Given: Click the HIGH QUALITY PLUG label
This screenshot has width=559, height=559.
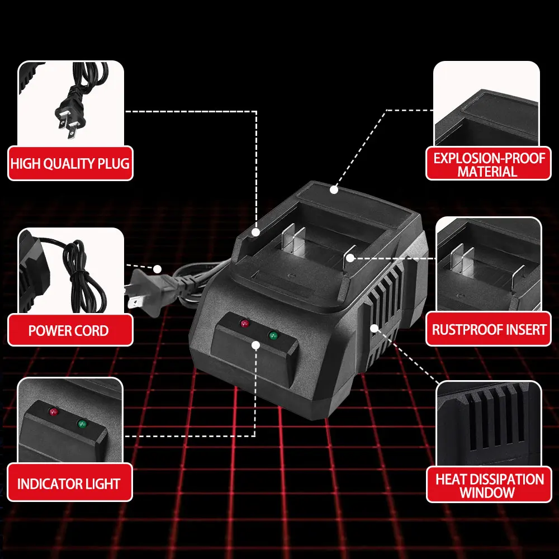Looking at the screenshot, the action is (70, 163).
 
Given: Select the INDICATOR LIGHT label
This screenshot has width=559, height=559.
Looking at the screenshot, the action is (69, 483).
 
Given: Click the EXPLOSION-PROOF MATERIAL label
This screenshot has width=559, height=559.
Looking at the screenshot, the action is (489, 164).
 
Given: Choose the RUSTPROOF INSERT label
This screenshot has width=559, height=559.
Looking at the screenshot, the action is (489, 329).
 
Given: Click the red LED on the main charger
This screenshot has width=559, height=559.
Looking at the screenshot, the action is (245, 323).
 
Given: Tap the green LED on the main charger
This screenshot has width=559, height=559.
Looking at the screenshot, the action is (273, 335).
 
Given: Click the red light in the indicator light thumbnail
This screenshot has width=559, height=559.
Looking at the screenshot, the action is (54, 412).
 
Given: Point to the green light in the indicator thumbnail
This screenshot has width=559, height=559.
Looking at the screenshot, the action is (82, 424).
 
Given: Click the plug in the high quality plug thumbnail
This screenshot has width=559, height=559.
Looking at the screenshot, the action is (71, 114).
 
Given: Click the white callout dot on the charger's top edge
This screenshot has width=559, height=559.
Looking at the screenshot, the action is (334, 190).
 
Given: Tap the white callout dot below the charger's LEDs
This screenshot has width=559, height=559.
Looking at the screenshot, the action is (255, 345).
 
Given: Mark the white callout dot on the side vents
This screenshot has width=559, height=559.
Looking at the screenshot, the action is (375, 328).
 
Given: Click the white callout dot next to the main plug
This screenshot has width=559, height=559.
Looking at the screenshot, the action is (157, 269).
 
